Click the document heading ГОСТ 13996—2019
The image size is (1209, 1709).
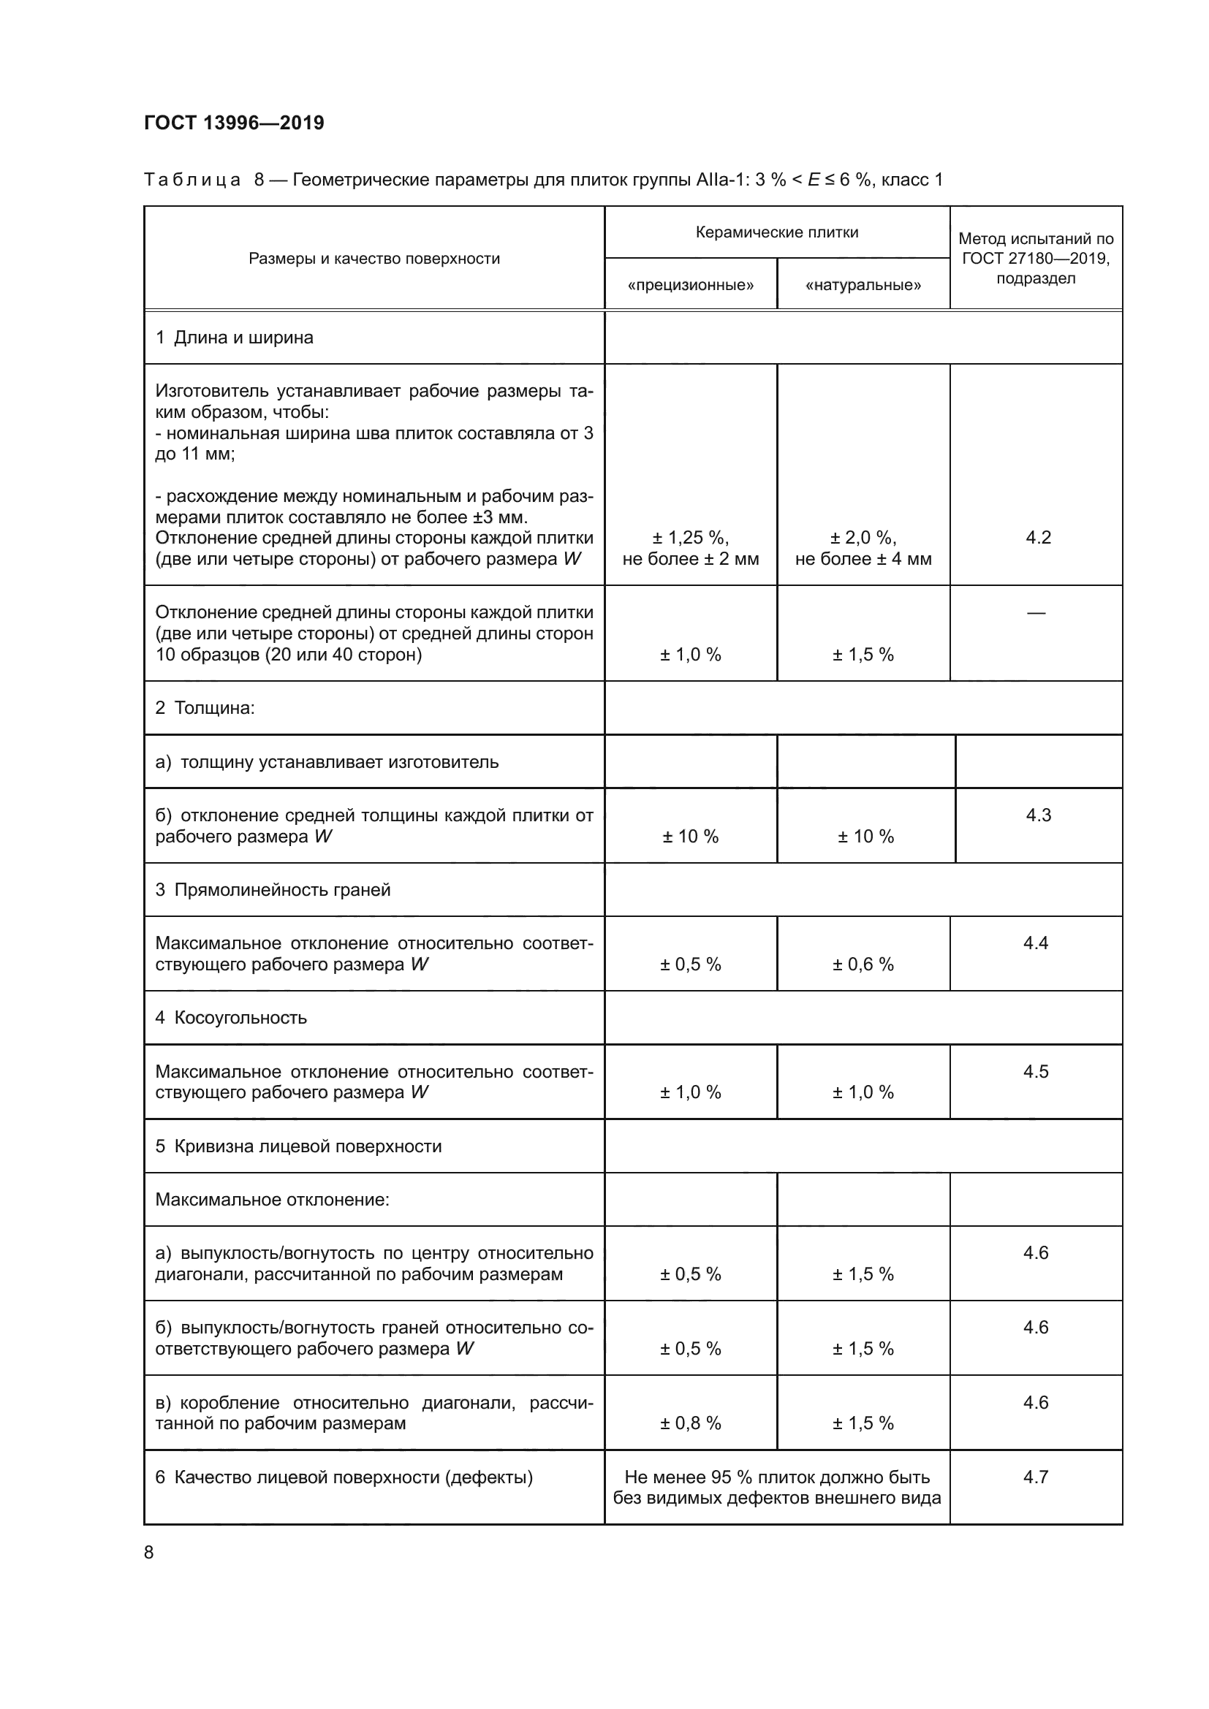(234, 123)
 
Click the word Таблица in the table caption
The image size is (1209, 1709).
(192, 180)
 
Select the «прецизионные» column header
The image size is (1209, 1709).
(690, 285)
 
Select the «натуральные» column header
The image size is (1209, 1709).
(863, 285)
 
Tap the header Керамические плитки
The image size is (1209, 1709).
(776, 232)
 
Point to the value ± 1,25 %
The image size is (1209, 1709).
(690, 538)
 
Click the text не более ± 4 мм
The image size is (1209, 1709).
(863, 558)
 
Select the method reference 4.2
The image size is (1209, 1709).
(1038, 538)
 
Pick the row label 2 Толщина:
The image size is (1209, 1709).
(205, 708)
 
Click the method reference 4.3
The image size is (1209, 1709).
(1038, 815)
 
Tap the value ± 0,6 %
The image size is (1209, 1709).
(863, 964)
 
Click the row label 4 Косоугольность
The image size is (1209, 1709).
(231, 1018)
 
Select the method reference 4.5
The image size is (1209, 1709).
(1036, 1071)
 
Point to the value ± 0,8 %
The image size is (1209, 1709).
(690, 1423)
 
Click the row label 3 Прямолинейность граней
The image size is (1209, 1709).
(273, 889)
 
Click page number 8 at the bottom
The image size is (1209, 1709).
(149, 1552)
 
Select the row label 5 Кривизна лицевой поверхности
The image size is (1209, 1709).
(297, 1146)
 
